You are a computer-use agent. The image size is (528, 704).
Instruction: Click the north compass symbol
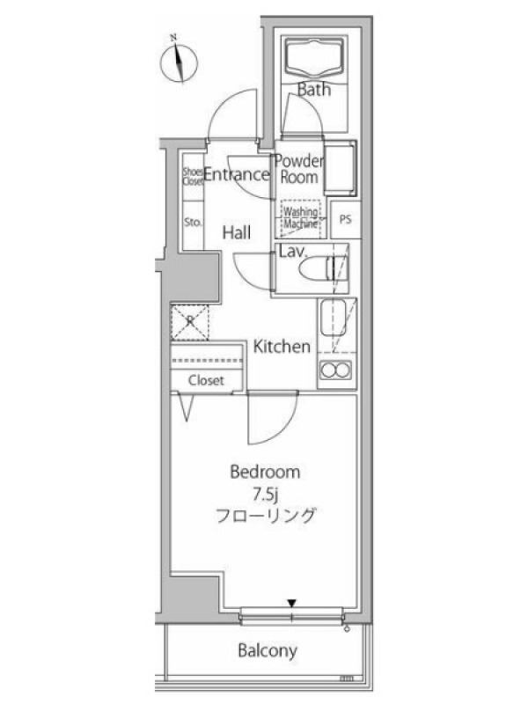(x=180, y=62)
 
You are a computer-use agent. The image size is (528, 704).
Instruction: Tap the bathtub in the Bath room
(x=314, y=56)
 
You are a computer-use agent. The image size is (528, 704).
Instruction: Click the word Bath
(x=314, y=90)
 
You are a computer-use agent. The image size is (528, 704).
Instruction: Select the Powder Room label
(x=299, y=169)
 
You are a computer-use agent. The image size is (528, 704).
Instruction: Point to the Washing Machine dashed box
(x=301, y=218)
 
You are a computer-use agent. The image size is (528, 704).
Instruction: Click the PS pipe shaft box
(x=345, y=219)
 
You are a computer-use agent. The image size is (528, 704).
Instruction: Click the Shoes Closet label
(x=193, y=177)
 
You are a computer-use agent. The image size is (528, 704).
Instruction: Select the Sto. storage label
(x=193, y=222)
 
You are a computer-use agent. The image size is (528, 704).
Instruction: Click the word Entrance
(x=236, y=174)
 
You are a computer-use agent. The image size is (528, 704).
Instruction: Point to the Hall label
(x=237, y=232)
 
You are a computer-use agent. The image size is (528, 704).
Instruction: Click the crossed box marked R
(x=190, y=322)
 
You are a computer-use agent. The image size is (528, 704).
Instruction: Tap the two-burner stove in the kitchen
(x=335, y=370)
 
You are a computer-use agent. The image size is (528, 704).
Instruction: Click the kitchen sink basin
(x=333, y=319)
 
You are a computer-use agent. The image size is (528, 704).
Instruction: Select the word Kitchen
(x=282, y=347)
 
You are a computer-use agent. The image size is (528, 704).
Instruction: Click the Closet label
(x=206, y=380)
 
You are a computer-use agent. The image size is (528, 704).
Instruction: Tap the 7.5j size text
(x=266, y=495)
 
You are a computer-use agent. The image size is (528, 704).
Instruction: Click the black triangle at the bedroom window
(x=292, y=603)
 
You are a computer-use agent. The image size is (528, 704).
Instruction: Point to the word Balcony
(x=268, y=650)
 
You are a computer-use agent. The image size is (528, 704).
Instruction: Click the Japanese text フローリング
(x=265, y=516)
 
